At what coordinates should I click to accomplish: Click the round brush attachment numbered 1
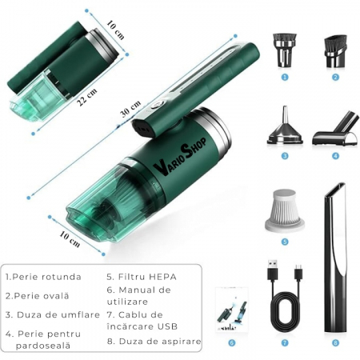pos(285,50)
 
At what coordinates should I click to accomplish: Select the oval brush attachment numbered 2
pos(335,51)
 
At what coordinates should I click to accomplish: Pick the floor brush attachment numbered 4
pos(337,129)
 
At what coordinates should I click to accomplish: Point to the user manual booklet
pos(232,310)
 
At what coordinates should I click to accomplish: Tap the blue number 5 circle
pos(285,242)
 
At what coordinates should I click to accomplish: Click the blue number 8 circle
pos(335,342)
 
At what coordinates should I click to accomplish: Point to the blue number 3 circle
pos(285,155)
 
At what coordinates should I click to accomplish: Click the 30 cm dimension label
pos(130,108)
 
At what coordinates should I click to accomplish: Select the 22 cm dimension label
pos(87,97)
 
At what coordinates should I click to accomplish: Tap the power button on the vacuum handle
pos(157,105)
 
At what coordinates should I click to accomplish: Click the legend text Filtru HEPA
pos(142,277)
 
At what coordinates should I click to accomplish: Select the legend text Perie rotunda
pos(43,277)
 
